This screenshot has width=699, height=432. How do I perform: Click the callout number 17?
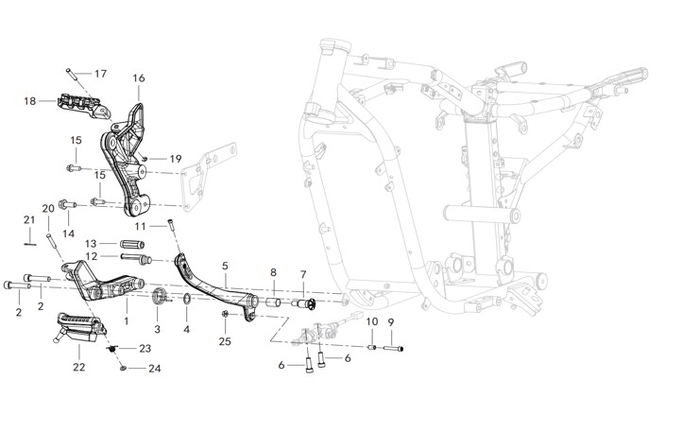coord(101,74)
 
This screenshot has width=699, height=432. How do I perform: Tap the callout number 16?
coord(139,78)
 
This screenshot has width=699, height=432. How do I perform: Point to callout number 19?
coord(175,159)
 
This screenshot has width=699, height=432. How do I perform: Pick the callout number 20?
coord(48,208)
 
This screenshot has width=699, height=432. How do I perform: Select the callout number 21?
coord(29,220)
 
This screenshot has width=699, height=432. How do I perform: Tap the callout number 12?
coord(92,256)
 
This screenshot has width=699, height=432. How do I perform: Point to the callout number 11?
coord(139,227)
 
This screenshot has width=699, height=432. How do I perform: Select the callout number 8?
coord(273,272)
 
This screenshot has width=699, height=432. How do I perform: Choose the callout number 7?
coord(303,275)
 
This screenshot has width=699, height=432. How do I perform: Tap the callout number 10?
coord(371,322)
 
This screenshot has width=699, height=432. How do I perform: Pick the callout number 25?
coord(225,340)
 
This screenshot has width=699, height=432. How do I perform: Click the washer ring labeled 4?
coord(187,301)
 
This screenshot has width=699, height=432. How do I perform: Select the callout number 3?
coord(158,329)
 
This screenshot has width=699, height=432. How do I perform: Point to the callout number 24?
coord(155,369)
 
